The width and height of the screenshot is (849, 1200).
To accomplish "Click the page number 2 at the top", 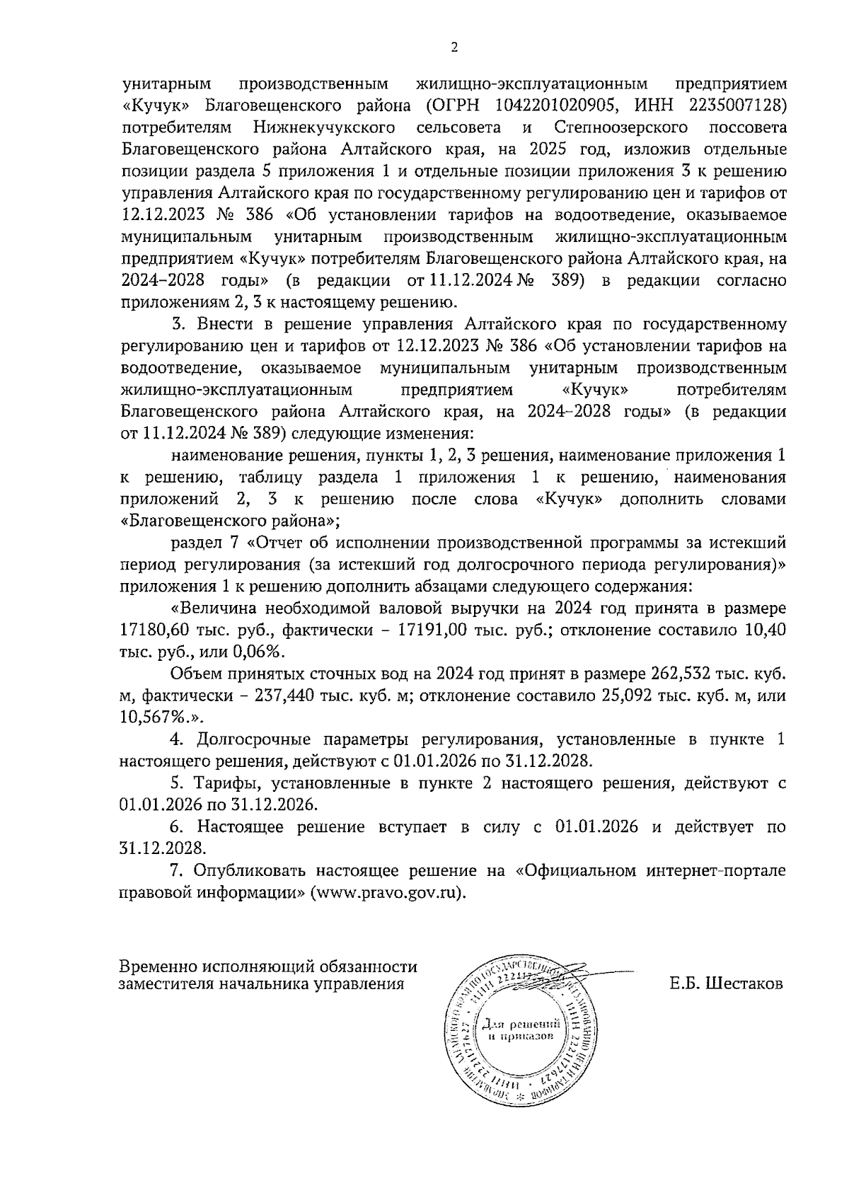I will click(454, 48).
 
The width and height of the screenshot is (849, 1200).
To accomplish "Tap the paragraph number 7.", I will click(177, 870).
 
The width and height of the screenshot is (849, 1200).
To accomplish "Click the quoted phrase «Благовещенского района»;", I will click(231, 521).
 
